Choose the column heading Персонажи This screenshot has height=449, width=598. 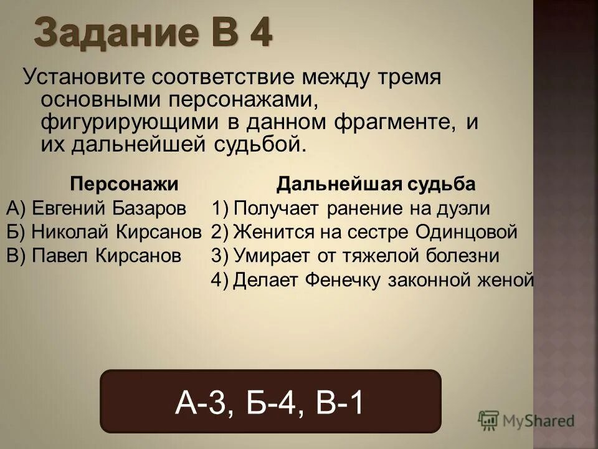coord(124,184)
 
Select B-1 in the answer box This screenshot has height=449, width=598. coord(338,402)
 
